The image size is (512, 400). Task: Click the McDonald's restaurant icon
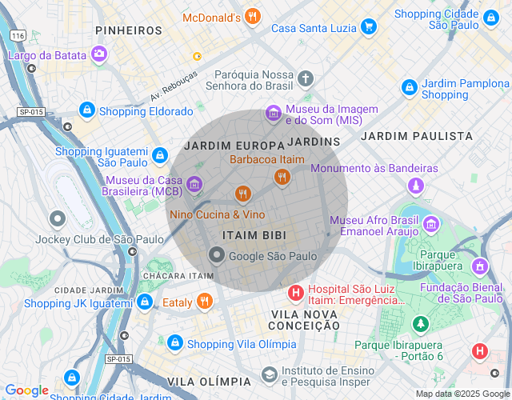pyautogui.click(x=253, y=17)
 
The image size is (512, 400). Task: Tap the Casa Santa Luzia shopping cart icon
pyautogui.click(x=368, y=26)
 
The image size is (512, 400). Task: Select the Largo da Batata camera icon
pyautogui.click(x=98, y=54)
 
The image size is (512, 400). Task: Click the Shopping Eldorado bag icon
pyautogui.click(x=86, y=110)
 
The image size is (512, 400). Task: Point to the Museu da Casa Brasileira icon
pyautogui.click(x=194, y=186)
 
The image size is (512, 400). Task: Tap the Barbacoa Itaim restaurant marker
pyautogui.click(x=281, y=177)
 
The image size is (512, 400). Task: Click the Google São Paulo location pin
pyautogui.click(x=216, y=255)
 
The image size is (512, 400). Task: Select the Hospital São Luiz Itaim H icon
pyautogui.click(x=295, y=293)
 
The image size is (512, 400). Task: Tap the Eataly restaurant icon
pyautogui.click(x=205, y=302)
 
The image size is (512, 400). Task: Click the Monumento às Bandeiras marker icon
pyautogui.click(x=414, y=186)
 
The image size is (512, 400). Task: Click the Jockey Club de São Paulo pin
pyautogui.click(x=58, y=218)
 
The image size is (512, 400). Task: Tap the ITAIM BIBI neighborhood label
pyautogui.click(x=254, y=234)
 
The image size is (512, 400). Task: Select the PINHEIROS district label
pyautogui.click(x=129, y=30)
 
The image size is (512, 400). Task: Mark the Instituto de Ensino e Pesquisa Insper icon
pyautogui.click(x=270, y=374)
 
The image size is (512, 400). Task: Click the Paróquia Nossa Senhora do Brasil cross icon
pyautogui.click(x=305, y=78)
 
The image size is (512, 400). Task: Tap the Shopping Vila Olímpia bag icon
pyautogui.click(x=174, y=343)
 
